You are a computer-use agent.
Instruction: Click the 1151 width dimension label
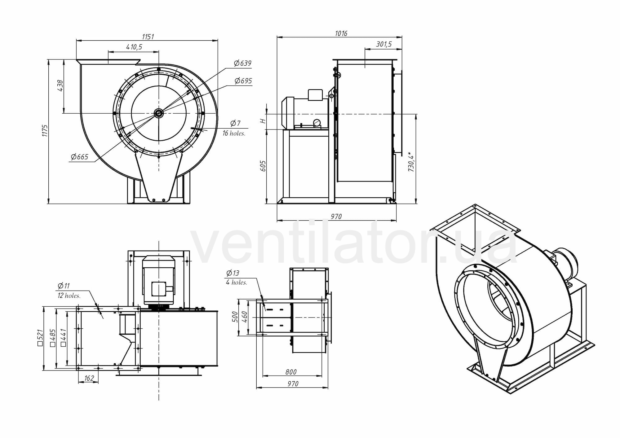coord(148,37)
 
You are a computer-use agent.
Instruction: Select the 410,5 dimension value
coord(134,47)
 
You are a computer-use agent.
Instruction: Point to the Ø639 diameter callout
coord(243,63)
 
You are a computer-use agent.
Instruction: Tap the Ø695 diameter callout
coord(243,81)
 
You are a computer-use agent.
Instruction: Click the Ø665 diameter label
coord(80,157)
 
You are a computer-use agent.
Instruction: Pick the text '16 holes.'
coord(234,134)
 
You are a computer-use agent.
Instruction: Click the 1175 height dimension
coord(45,131)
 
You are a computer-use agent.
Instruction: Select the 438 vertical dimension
coord(60,85)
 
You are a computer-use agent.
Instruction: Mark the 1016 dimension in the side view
coord(341,33)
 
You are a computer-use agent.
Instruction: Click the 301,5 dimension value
coord(384,44)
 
